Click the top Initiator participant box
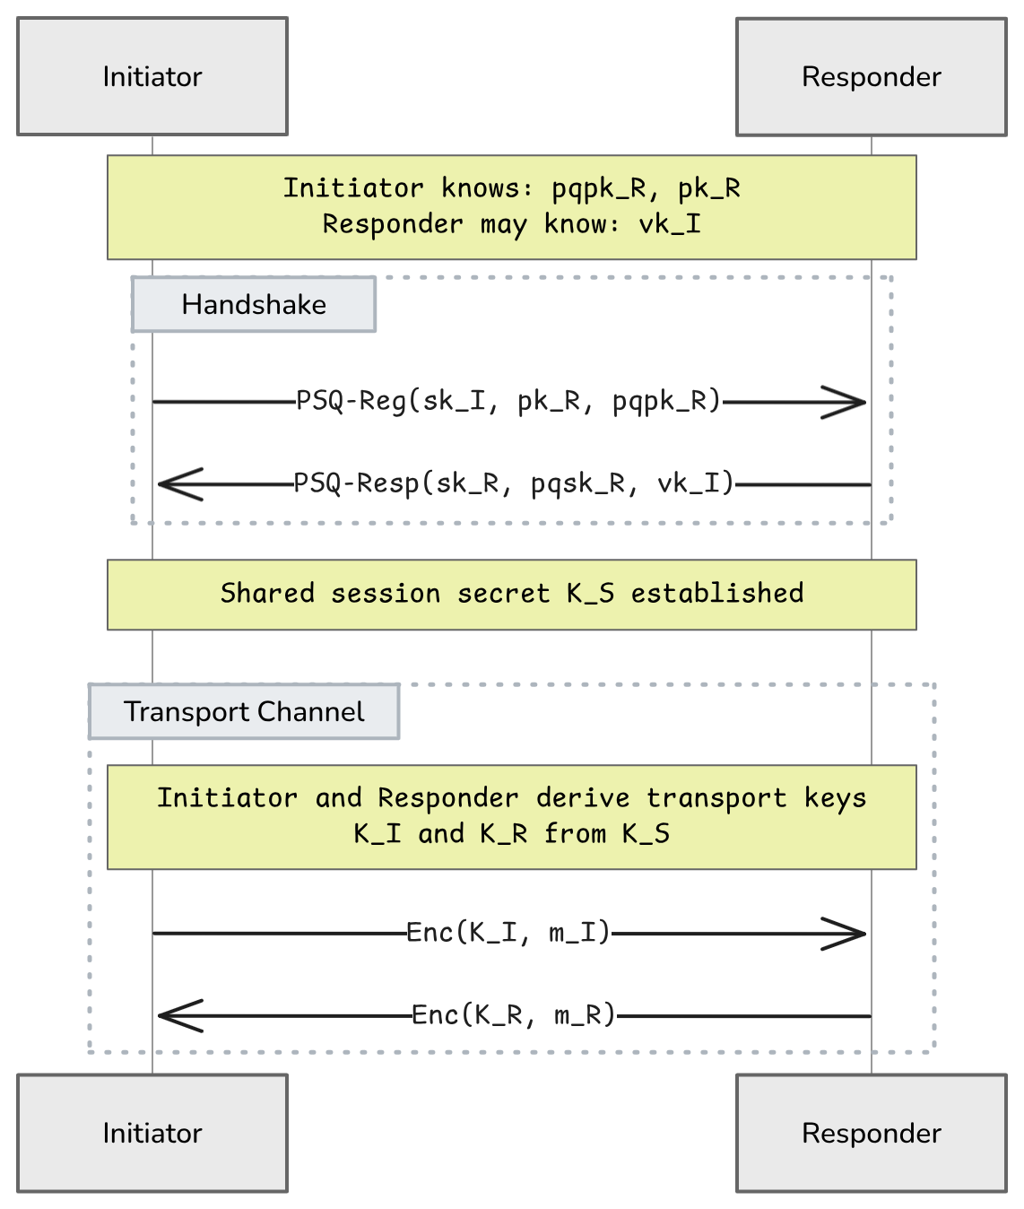(152, 76)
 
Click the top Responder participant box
(871, 77)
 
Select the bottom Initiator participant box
(152, 1133)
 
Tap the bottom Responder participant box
(871, 1133)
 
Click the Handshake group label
(254, 305)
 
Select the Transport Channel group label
(244, 712)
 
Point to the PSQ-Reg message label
(508, 401)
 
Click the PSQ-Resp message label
(514, 483)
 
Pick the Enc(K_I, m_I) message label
(508, 933)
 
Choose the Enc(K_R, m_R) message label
(514, 1015)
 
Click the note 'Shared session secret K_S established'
(512, 594)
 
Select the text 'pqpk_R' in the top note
(598, 188)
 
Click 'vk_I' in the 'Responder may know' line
(670, 224)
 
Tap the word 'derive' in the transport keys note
(583, 798)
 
